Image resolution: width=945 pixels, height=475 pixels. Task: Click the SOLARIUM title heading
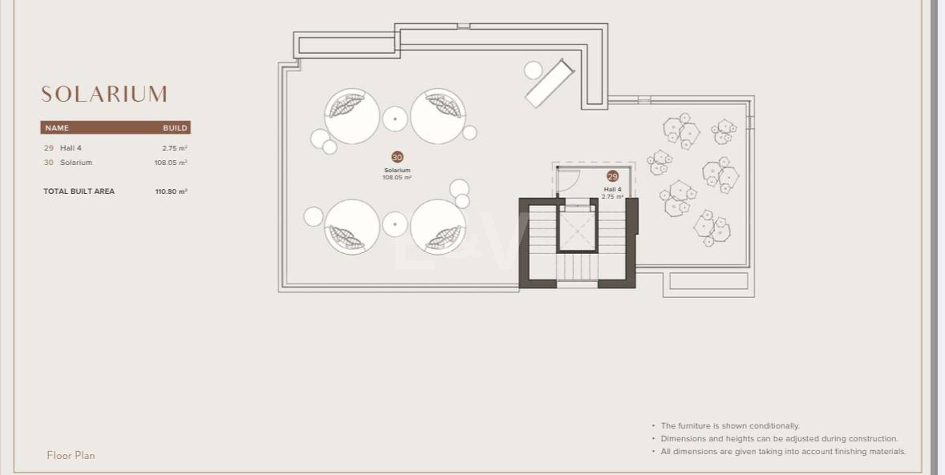coord(104,94)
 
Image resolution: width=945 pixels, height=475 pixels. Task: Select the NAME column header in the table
coord(57,128)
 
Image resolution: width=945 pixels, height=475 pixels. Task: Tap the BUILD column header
coord(175,128)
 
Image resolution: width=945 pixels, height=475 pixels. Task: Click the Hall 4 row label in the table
coord(71,148)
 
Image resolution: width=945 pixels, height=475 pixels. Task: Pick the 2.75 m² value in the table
coord(175,148)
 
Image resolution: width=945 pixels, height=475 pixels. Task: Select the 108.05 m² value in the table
coord(171,163)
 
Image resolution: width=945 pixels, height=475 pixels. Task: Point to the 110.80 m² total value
coord(171,191)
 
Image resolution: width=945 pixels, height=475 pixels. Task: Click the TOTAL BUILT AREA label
coord(79,191)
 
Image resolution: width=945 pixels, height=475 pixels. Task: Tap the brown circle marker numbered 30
coord(397,157)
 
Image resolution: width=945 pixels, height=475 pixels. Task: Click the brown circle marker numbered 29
coord(613,176)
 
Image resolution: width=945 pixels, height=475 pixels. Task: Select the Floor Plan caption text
coord(71,455)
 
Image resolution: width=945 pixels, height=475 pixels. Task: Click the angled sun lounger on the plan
coord(550,83)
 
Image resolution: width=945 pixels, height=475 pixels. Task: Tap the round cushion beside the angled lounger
coord(533,70)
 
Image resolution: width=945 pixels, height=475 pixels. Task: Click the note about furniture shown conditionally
coord(730,426)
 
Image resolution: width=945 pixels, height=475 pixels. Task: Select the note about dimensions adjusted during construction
coord(779,439)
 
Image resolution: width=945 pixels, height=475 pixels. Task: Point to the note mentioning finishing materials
coord(783,451)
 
